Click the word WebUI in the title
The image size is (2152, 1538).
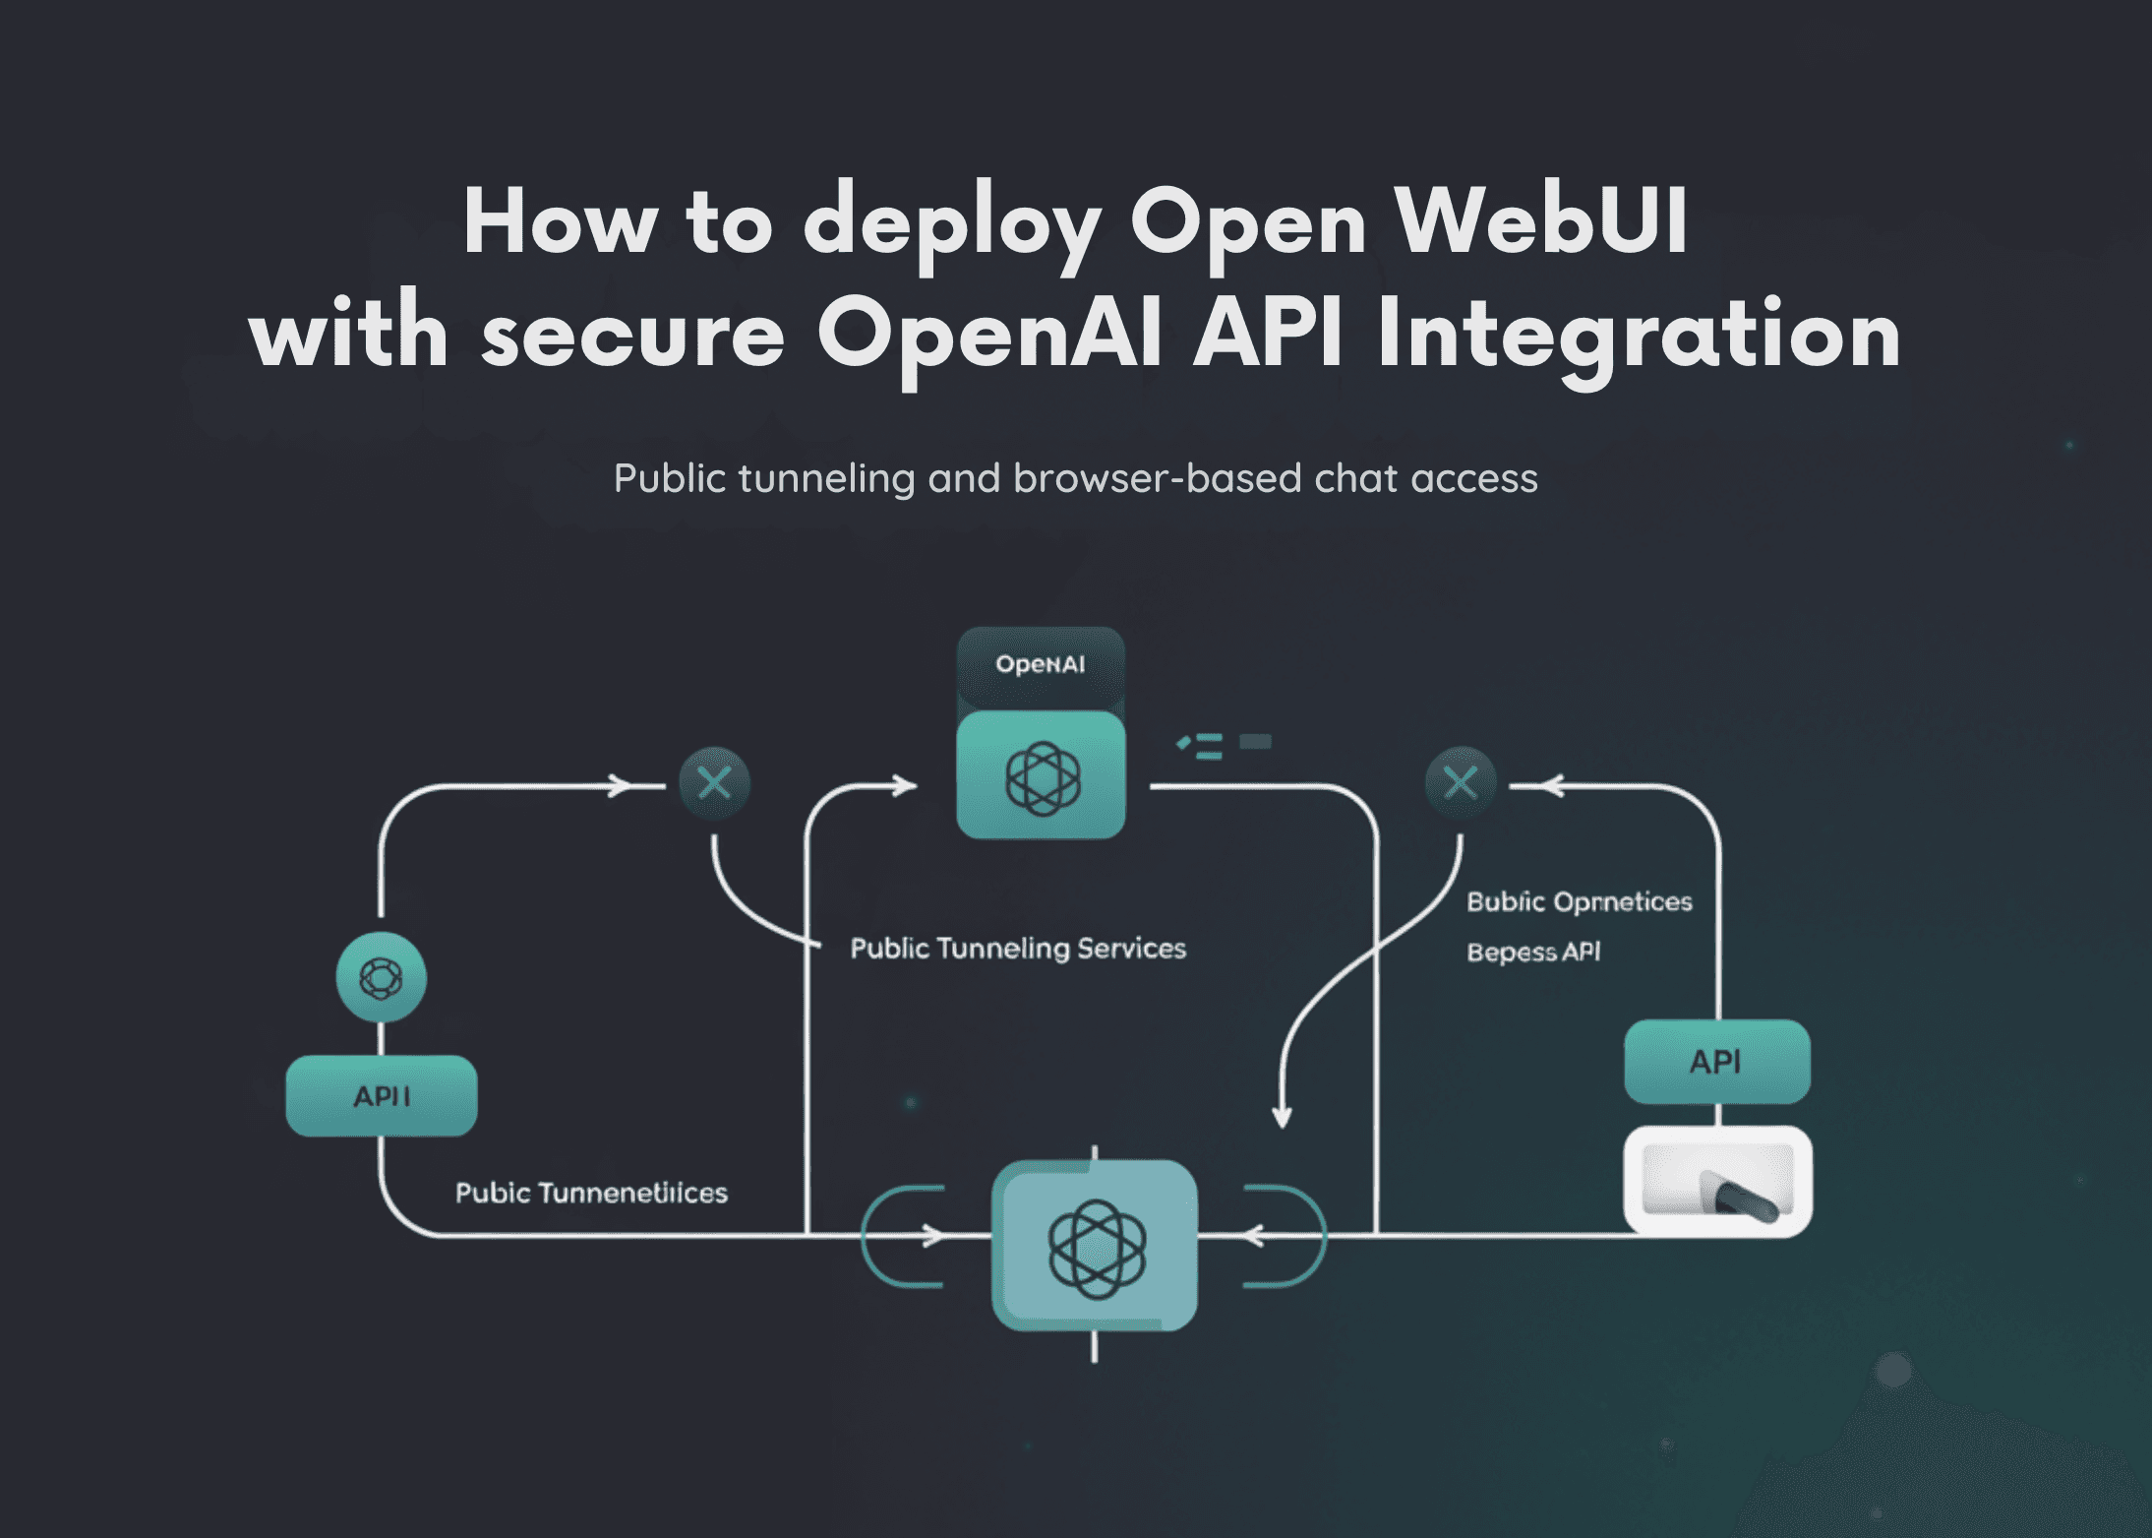(x=1541, y=221)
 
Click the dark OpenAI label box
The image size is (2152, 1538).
(x=1041, y=664)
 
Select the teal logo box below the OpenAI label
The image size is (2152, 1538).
(x=1041, y=776)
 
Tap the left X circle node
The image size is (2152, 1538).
(x=714, y=783)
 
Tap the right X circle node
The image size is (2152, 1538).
(x=1461, y=783)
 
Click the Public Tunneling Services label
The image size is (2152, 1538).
(x=1018, y=949)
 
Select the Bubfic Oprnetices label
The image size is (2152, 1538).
(x=1579, y=901)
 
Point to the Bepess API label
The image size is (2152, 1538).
(x=1533, y=952)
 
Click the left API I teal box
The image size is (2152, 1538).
(x=382, y=1096)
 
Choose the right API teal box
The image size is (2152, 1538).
(x=1716, y=1062)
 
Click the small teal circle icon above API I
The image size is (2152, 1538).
(x=382, y=978)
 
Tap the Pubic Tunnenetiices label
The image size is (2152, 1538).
(x=591, y=1193)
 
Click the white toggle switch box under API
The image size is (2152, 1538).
(x=1717, y=1182)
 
